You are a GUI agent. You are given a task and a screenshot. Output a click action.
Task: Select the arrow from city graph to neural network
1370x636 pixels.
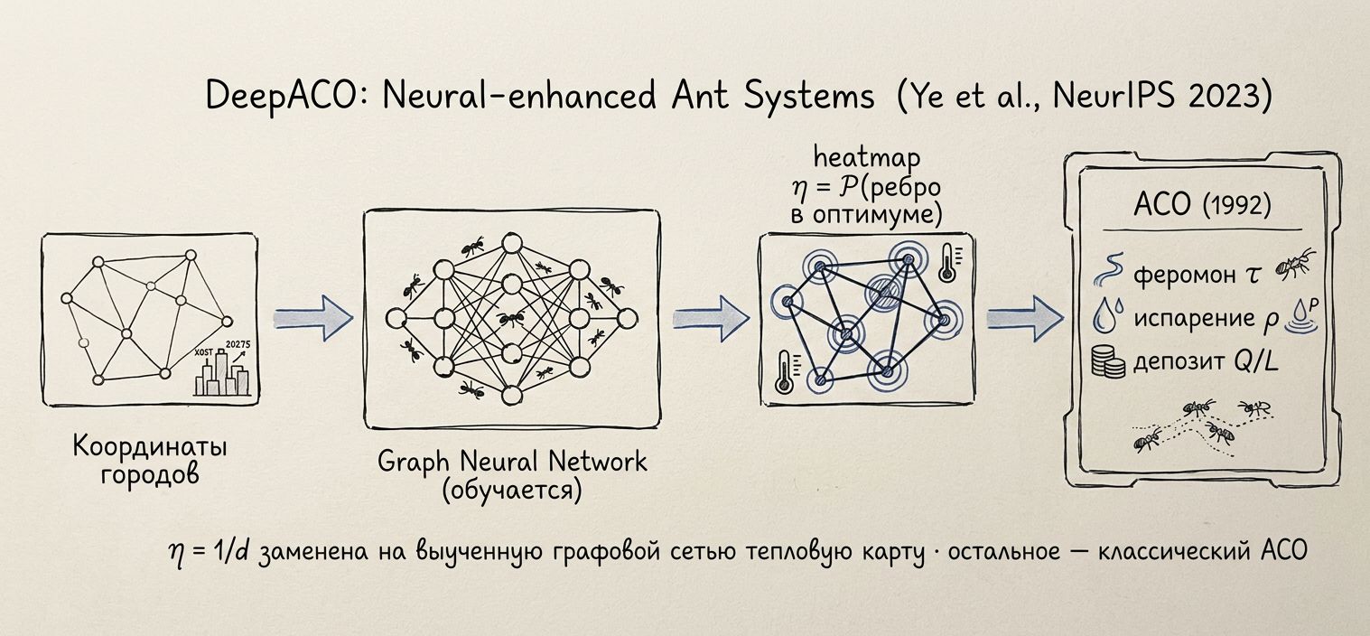click(313, 319)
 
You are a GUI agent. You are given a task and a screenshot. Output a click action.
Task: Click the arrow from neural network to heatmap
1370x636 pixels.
click(712, 319)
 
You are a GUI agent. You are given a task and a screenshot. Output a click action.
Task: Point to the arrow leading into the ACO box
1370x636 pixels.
click(1025, 319)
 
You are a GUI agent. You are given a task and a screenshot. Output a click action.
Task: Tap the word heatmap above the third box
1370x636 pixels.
click(867, 158)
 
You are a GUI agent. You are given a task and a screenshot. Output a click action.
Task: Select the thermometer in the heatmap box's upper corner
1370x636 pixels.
click(948, 263)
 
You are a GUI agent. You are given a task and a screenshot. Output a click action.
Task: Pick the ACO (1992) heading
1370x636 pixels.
click(1202, 205)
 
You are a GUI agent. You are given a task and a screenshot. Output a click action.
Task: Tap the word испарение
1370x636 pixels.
click(1194, 319)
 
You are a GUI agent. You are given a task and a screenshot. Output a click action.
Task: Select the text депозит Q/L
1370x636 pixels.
click(1206, 362)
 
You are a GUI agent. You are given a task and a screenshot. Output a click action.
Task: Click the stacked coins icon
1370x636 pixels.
click(1108, 360)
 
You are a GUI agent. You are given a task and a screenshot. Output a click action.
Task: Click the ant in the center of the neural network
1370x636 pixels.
click(511, 318)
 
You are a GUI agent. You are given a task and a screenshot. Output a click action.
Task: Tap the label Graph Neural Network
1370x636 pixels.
click(512, 462)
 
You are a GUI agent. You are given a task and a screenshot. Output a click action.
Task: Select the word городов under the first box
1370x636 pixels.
click(150, 474)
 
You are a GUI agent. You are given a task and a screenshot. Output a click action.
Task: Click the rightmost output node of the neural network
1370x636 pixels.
click(627, 319)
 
